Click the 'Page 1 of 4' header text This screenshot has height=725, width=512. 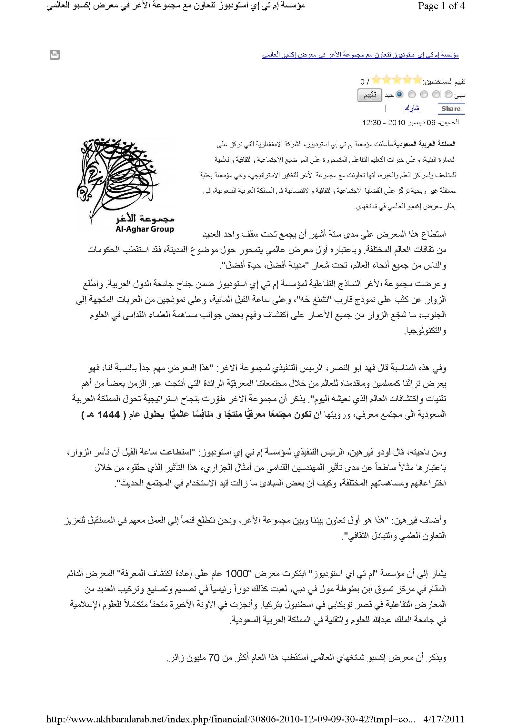[x=441, y=6]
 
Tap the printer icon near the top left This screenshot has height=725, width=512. [x=55, y=55]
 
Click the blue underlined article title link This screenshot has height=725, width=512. [x=360, y=55]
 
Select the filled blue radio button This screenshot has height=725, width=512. [x=399, y=95]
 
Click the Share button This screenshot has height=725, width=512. [x=451, y=109]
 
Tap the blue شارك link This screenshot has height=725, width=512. [x=411, y=108]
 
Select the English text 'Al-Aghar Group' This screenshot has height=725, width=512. [x=145, y=229]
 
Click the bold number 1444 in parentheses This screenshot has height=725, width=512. [x=104, y=414]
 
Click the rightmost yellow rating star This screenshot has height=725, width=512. [x=417, y=79]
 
